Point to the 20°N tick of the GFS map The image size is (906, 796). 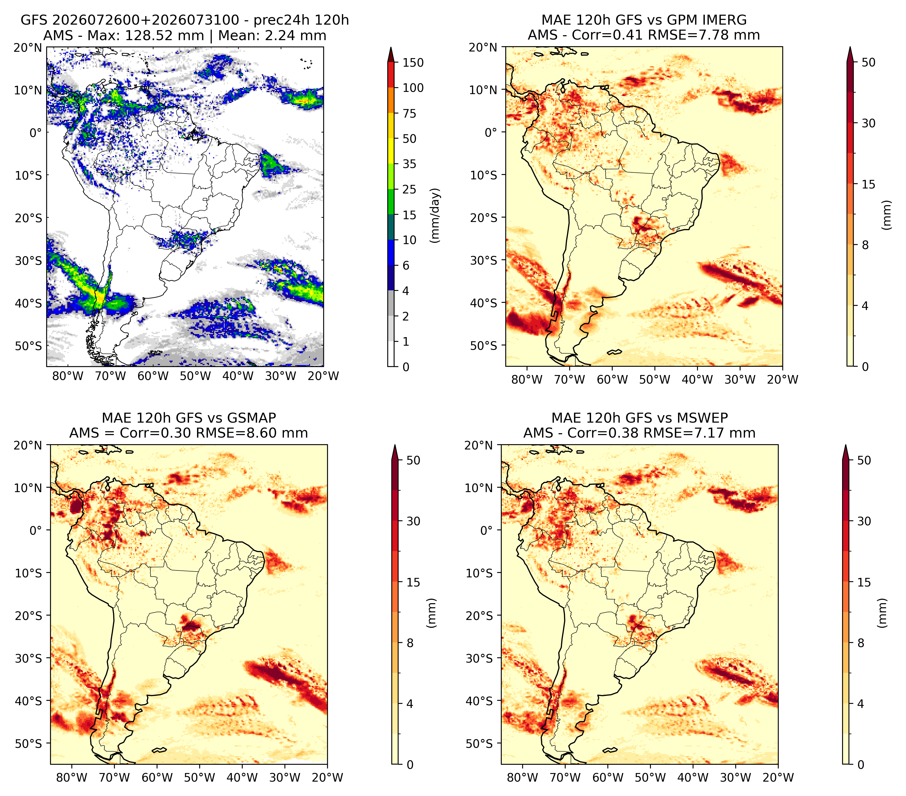pos(27,47)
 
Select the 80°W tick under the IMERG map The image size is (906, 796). pos(527,379)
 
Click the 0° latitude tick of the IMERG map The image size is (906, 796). pos(491,132)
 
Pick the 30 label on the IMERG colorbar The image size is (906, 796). pos(868,123)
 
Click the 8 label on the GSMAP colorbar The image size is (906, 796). pos(410,643)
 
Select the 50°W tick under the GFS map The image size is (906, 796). pos(195,376)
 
